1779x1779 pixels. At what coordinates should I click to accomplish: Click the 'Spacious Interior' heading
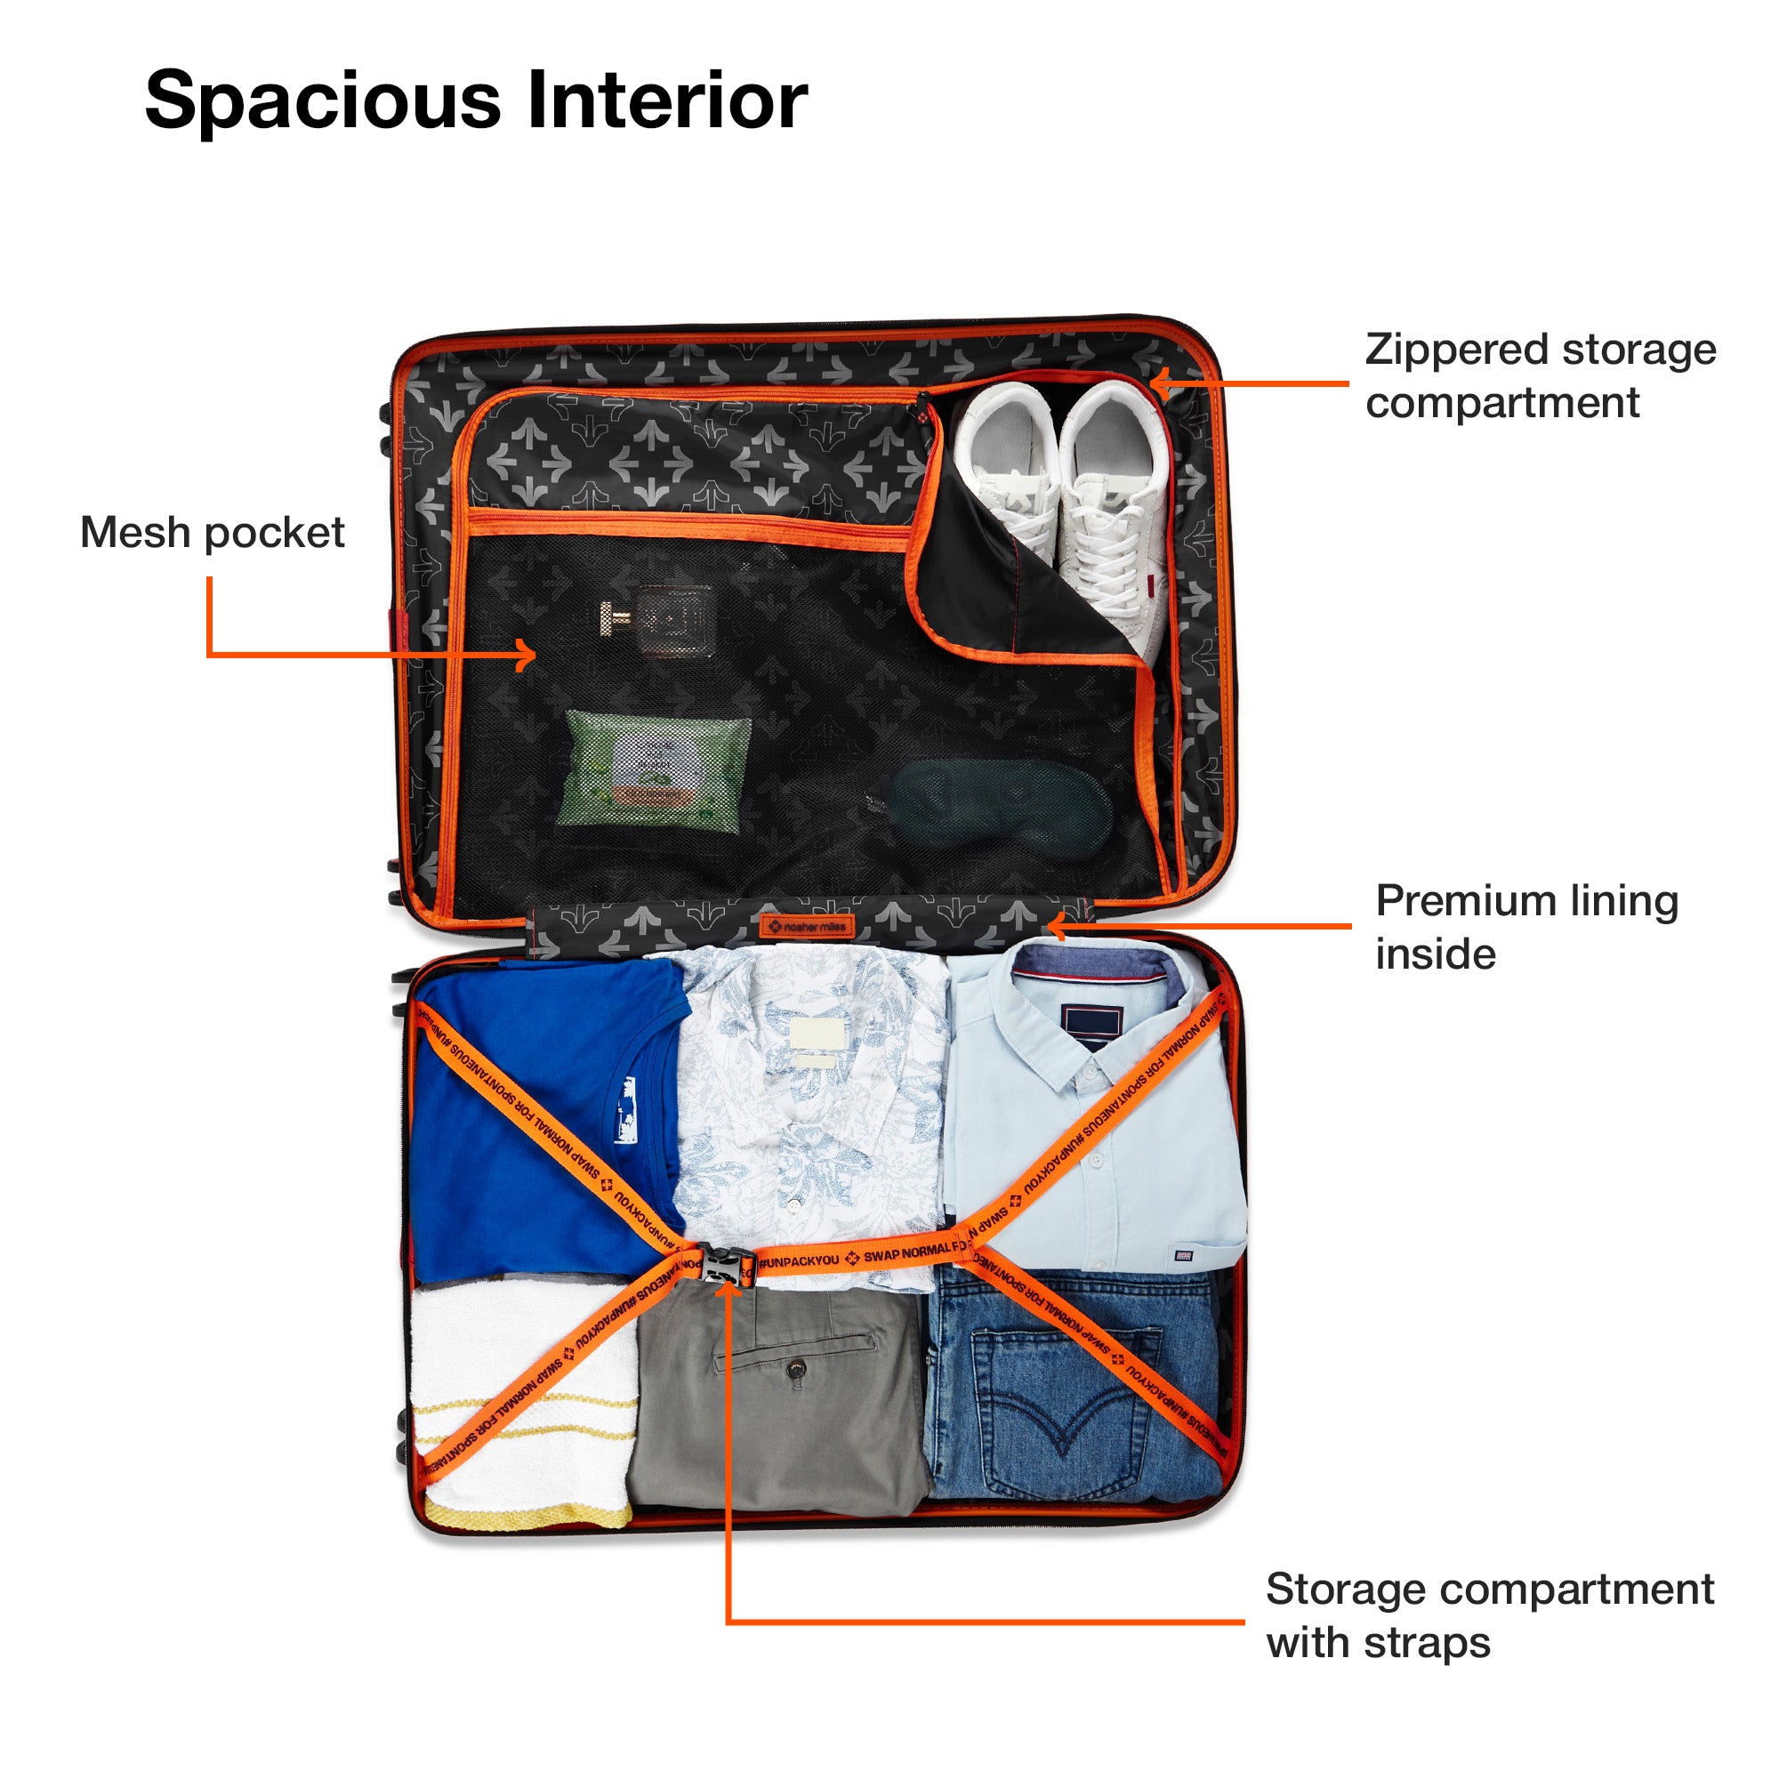tap(476, 101)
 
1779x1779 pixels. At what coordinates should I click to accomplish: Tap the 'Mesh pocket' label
tap(212, 533)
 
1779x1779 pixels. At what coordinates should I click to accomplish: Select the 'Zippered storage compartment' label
tap(1540, 375)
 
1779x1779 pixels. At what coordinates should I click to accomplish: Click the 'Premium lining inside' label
tap(1525, 926)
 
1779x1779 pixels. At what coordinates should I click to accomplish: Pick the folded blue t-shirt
tap(543, 1105)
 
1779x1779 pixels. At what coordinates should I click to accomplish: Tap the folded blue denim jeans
tap(1073, 1390)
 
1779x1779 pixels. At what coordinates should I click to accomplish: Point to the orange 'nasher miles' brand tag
tap(807, 926)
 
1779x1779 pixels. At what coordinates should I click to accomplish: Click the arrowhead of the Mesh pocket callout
tap(527, 656)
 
